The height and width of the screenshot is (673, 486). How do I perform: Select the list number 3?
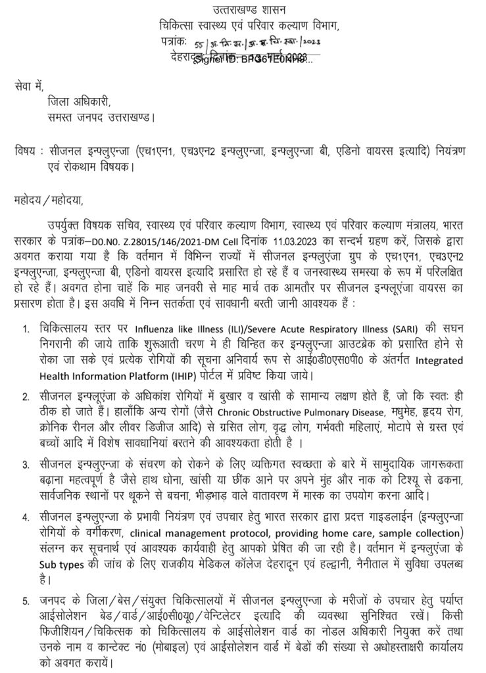click(x=26, y=465)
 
